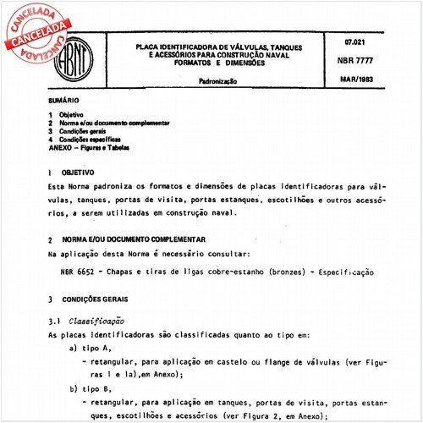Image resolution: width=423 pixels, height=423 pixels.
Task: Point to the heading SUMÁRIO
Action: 64,100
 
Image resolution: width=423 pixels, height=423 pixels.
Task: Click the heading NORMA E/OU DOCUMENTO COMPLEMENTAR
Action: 132,240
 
